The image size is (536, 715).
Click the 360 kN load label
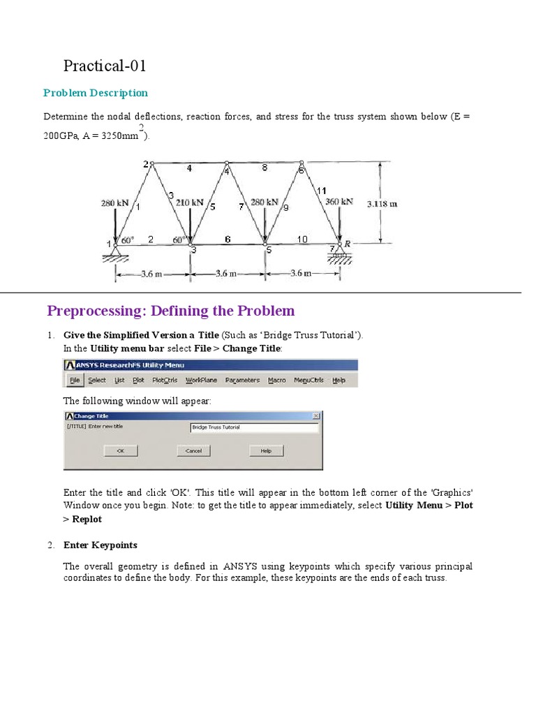[339, 202]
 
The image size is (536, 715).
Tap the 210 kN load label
[190, 202]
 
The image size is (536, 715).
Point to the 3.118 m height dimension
[382, 204]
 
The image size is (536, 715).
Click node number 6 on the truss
[301, 168]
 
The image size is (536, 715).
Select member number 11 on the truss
[322, 191]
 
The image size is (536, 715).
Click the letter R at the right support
[347, 244]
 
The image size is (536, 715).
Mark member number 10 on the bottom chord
[302, 239]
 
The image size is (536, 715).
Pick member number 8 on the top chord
[265, 168]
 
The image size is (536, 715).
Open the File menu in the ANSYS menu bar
[75, 381]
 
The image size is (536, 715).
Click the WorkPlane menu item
[201, 381]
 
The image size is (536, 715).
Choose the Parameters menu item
[242, 381]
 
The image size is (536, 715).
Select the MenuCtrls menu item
[307, 381]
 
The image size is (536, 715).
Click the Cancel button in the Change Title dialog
[193, 451]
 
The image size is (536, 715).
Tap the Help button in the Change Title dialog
[266, 451]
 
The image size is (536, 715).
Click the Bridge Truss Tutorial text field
[254, 427]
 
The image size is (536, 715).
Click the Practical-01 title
[105, 66]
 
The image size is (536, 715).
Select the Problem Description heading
[96, 93]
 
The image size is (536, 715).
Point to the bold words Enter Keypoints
[100, 545]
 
